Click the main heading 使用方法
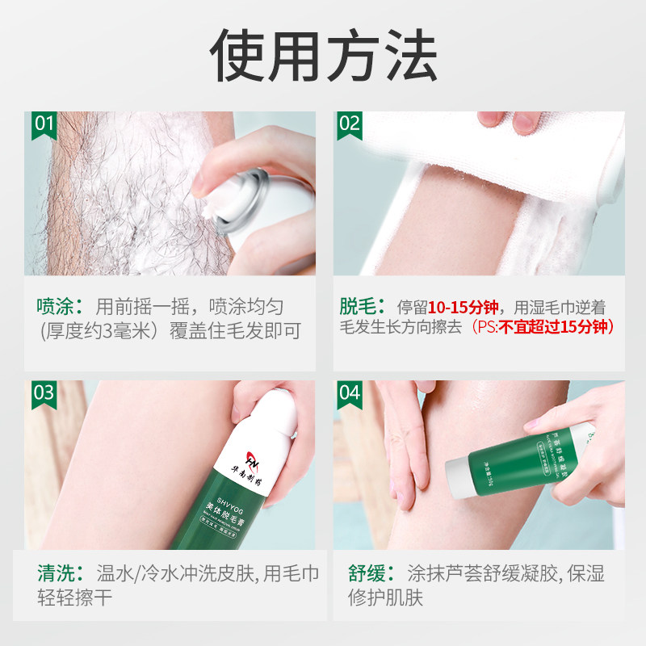323,57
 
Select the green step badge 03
43,393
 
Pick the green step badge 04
349,393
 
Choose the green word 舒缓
359,574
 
